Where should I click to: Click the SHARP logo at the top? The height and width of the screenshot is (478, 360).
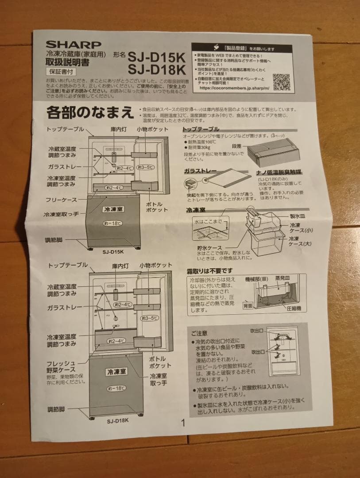[74, 45]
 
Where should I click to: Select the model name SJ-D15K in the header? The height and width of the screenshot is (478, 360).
[156, 57]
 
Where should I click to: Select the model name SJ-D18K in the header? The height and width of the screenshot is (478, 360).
[156, 70]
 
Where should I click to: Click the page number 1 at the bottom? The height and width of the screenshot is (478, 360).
[182, 423]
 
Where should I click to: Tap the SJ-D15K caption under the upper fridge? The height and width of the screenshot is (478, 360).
[113, 251]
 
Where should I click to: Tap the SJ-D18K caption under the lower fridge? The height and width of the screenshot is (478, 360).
[117, 420]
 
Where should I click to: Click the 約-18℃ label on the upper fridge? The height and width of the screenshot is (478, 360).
[112, 223]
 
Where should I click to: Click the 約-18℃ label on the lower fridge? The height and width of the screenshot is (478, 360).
[116, 388]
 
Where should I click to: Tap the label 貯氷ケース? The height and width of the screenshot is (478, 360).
[210, 248]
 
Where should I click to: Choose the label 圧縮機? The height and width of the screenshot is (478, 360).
[294, 308]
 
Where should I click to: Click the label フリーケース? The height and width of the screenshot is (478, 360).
[61, 200]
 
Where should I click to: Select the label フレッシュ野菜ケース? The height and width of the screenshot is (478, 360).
[61, 366]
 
